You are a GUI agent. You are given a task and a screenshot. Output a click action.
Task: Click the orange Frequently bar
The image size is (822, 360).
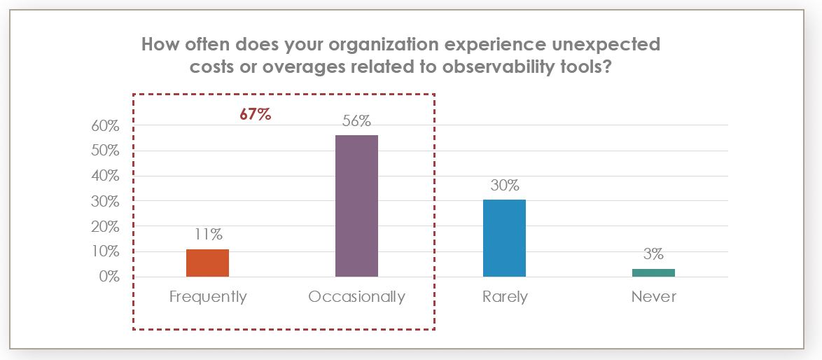click(207, 263)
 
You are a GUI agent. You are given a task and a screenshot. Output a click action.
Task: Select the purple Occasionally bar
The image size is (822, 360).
click(356, 206)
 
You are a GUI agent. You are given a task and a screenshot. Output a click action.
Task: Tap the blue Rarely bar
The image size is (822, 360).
click(505, 238)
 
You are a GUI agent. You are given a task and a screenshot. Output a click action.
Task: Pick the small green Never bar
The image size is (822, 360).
click(653, 272)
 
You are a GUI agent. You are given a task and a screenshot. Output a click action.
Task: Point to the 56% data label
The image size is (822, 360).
click(356, 120)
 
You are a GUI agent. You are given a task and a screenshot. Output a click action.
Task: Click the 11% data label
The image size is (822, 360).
click(207, 235)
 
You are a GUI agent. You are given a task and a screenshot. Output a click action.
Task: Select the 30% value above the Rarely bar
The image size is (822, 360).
click(505, 186)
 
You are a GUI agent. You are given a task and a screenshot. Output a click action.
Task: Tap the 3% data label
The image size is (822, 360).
click(653, 254)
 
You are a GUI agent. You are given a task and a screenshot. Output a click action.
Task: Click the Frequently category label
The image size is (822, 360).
click(208, 297)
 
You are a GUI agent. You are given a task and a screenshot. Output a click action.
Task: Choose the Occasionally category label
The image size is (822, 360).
click(356, 297)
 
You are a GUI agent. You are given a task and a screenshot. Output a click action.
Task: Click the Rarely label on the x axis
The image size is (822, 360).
click(505, 297)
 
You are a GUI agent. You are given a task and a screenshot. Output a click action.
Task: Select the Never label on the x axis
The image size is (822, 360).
click(654, 297)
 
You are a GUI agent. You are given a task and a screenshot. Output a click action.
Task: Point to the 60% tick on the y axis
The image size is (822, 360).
click(104, 126)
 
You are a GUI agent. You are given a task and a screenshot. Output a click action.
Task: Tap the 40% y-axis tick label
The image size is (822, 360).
click(104, 176)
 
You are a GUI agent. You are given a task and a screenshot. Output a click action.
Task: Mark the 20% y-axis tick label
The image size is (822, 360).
click(104, 226)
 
